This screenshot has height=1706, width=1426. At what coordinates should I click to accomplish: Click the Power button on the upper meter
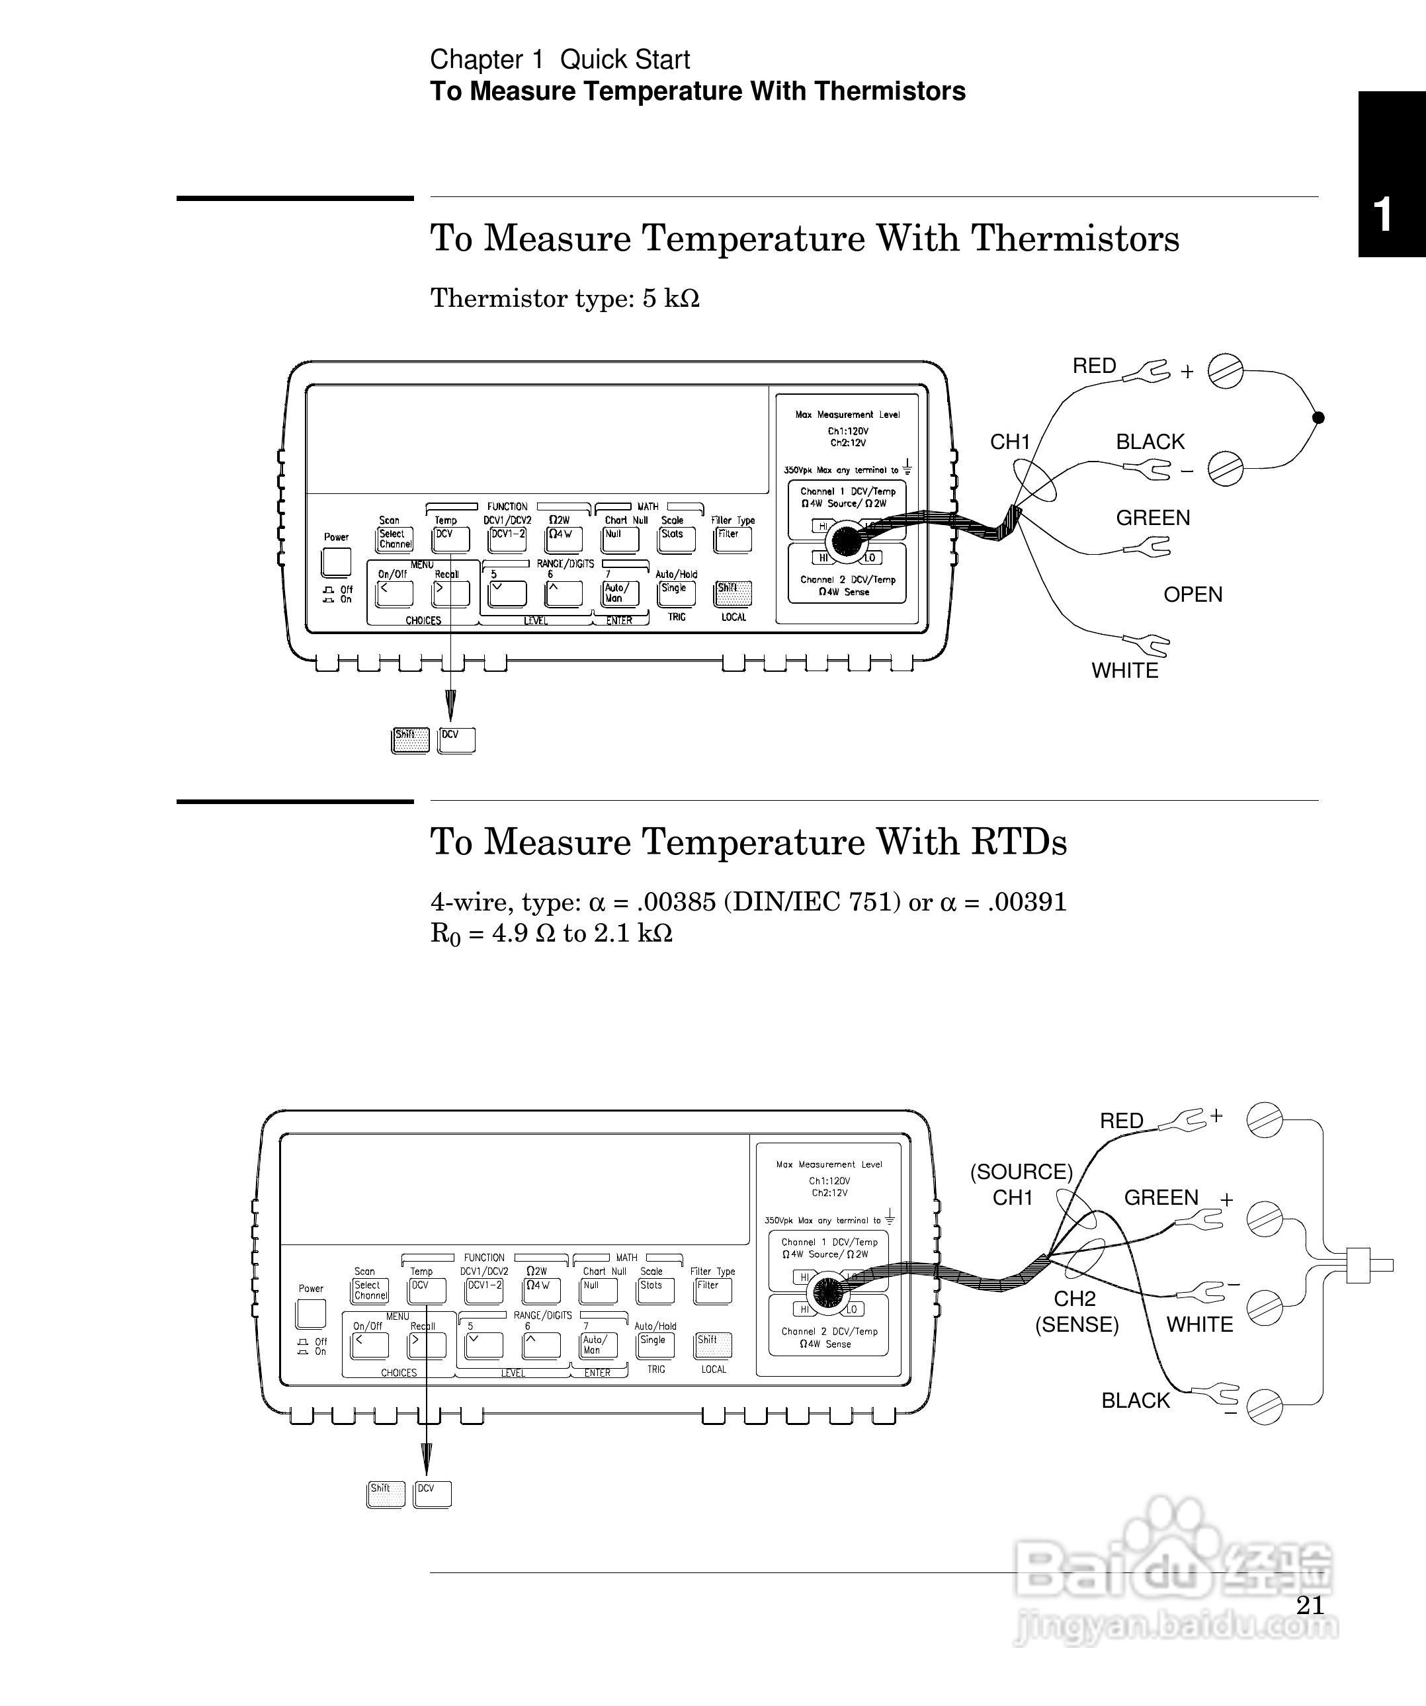coord(337,561)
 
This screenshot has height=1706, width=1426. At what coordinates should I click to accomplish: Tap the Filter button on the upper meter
coord(732,540)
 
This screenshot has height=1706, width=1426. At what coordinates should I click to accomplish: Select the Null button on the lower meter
coord(598,1290)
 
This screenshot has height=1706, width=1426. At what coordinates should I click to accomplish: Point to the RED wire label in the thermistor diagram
coord(1094,366)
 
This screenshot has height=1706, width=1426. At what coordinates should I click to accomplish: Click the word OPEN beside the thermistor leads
coord(1192,594)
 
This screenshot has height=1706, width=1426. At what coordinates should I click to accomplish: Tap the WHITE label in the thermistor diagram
coord(1124,671)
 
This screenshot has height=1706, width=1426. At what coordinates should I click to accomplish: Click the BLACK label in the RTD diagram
coord(1135,1401)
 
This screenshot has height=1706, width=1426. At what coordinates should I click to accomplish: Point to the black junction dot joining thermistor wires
coord(1319,417)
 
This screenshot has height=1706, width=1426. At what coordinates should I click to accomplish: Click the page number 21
coord(1310,1605)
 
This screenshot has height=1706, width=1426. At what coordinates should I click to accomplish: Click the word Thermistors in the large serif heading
coord(1075,239)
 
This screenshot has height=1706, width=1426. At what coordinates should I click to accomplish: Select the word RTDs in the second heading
coord(1018,842)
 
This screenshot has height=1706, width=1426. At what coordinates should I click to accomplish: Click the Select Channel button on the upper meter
coord(395,540)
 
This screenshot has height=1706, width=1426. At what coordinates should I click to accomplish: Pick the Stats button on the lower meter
coord(655,1290)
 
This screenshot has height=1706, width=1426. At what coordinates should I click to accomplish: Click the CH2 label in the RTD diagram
coord(1075,1299)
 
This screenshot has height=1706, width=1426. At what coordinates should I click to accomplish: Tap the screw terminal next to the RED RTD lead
coord(1265,1120)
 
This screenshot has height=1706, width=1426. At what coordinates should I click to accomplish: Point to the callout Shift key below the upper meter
coord(409,740)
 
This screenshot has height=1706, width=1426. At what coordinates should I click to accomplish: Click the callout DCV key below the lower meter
coord(433,1493)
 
